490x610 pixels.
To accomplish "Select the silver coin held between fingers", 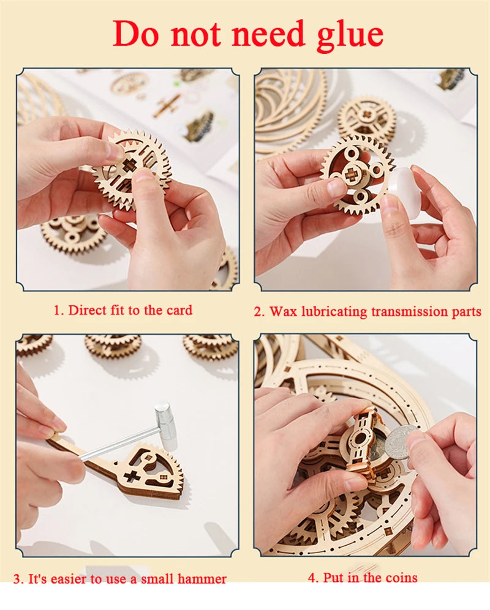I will point(398,442).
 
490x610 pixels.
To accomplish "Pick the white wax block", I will point(404,192).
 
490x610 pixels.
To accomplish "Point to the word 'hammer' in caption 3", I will point(203,579).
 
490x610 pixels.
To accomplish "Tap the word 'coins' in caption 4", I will point(399,577).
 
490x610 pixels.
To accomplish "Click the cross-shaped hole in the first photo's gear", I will point(130,166).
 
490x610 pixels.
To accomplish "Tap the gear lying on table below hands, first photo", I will point(73,231).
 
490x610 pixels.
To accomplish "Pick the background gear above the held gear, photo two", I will point(366,116).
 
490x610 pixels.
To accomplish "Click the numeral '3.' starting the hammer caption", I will point(19,579).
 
